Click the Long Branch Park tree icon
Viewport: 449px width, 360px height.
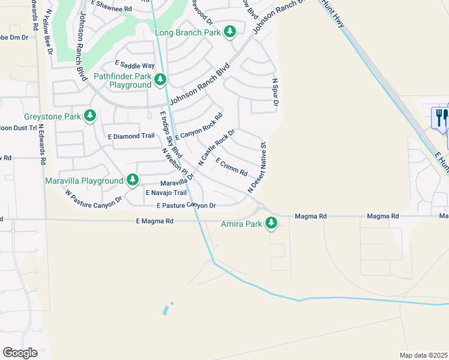click(229, 31)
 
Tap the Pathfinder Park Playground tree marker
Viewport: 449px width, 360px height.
click(160, 79)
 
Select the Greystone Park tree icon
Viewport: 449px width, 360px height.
click(90, 115)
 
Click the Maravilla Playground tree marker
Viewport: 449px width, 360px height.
click(132, 179)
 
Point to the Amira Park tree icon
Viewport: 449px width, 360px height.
click(272, 223)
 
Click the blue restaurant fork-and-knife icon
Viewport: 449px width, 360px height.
click(440, 117)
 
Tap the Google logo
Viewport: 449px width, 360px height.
click(20, 353)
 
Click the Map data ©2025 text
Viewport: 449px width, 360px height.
click(423, 355)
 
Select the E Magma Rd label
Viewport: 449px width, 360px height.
click(154, 221)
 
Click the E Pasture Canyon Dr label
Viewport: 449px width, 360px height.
click(185, 206)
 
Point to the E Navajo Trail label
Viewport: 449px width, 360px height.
click(166, 193)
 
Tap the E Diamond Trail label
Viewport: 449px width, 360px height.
click(131, 136)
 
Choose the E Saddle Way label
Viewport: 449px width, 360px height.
click(135, 65)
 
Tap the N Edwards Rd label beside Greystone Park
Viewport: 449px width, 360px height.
click(42, 144)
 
